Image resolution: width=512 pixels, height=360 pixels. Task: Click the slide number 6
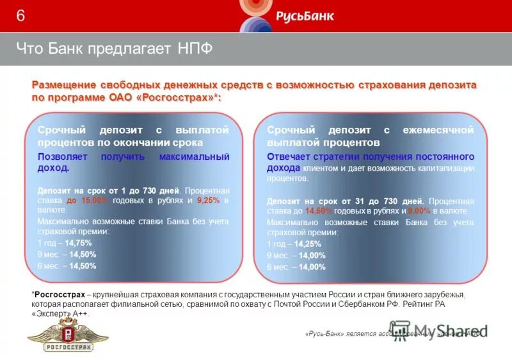click(21, 16)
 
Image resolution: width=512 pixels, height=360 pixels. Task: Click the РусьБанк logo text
click(305, 16)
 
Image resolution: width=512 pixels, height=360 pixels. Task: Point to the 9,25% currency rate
click(209, 200)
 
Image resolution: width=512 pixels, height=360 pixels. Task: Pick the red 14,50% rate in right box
click(319, 210)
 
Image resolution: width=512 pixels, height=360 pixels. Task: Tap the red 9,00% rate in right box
click(420, 210)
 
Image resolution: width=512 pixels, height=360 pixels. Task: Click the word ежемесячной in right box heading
click(438, 130)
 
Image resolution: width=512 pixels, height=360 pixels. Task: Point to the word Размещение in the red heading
click(64, 86)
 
